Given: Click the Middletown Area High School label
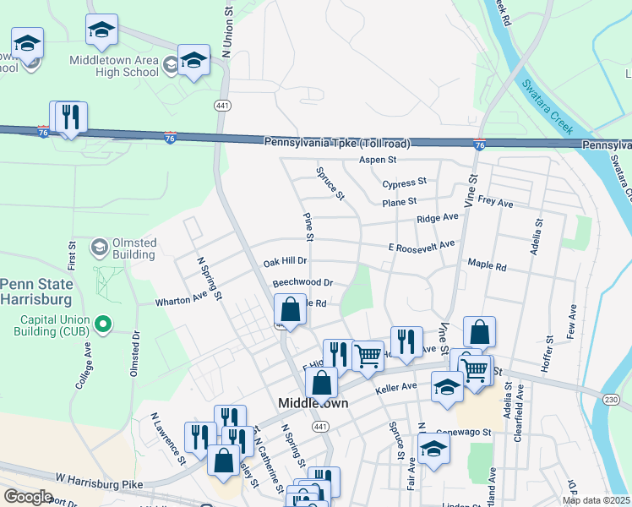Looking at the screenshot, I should pos(114,66).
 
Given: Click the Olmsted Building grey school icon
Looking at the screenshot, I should pos(99,248).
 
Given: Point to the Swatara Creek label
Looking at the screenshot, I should pos(548,106).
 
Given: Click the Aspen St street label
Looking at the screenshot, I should pos(378,159).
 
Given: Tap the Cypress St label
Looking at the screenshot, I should pos(404,183).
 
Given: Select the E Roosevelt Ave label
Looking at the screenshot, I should pos(422,245).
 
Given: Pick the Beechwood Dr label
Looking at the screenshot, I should pos(302,282).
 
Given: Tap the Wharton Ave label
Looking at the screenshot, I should pos(181,299).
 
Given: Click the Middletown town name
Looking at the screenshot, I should pos(313,404).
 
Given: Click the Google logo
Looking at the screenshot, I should pos(28,497).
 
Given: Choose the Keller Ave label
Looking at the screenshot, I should pos(397,390).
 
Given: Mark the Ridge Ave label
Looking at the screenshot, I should pos(437,218).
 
